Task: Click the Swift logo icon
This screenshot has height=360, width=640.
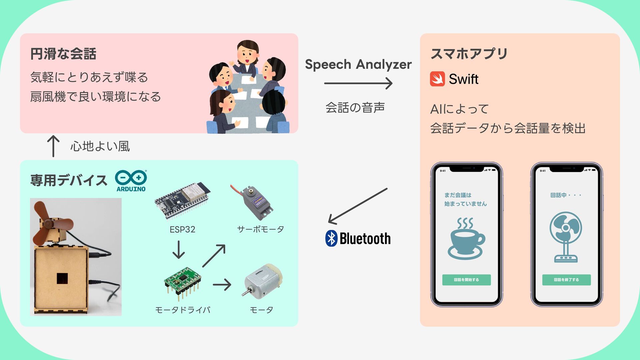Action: click(437, 79)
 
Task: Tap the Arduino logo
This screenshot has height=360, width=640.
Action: click(131, 180)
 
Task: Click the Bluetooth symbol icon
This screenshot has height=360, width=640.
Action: click(331, 238)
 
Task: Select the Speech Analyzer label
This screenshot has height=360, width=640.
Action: click(358, 64)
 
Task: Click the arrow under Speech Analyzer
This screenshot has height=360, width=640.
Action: click(358, 83)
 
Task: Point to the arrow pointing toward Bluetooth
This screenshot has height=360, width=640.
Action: click(358, 206)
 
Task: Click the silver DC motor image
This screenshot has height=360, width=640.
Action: click(262, 281)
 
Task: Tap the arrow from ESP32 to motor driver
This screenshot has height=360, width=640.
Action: click(179, 250)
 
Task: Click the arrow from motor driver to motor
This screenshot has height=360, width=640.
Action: click(222, 285)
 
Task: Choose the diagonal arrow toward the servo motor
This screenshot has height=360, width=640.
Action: click(214, 256)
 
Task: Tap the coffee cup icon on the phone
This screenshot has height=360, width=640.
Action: click(466, 239)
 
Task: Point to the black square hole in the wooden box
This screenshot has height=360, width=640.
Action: click(62, 278)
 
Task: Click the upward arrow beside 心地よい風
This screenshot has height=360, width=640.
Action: click(53, 146)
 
